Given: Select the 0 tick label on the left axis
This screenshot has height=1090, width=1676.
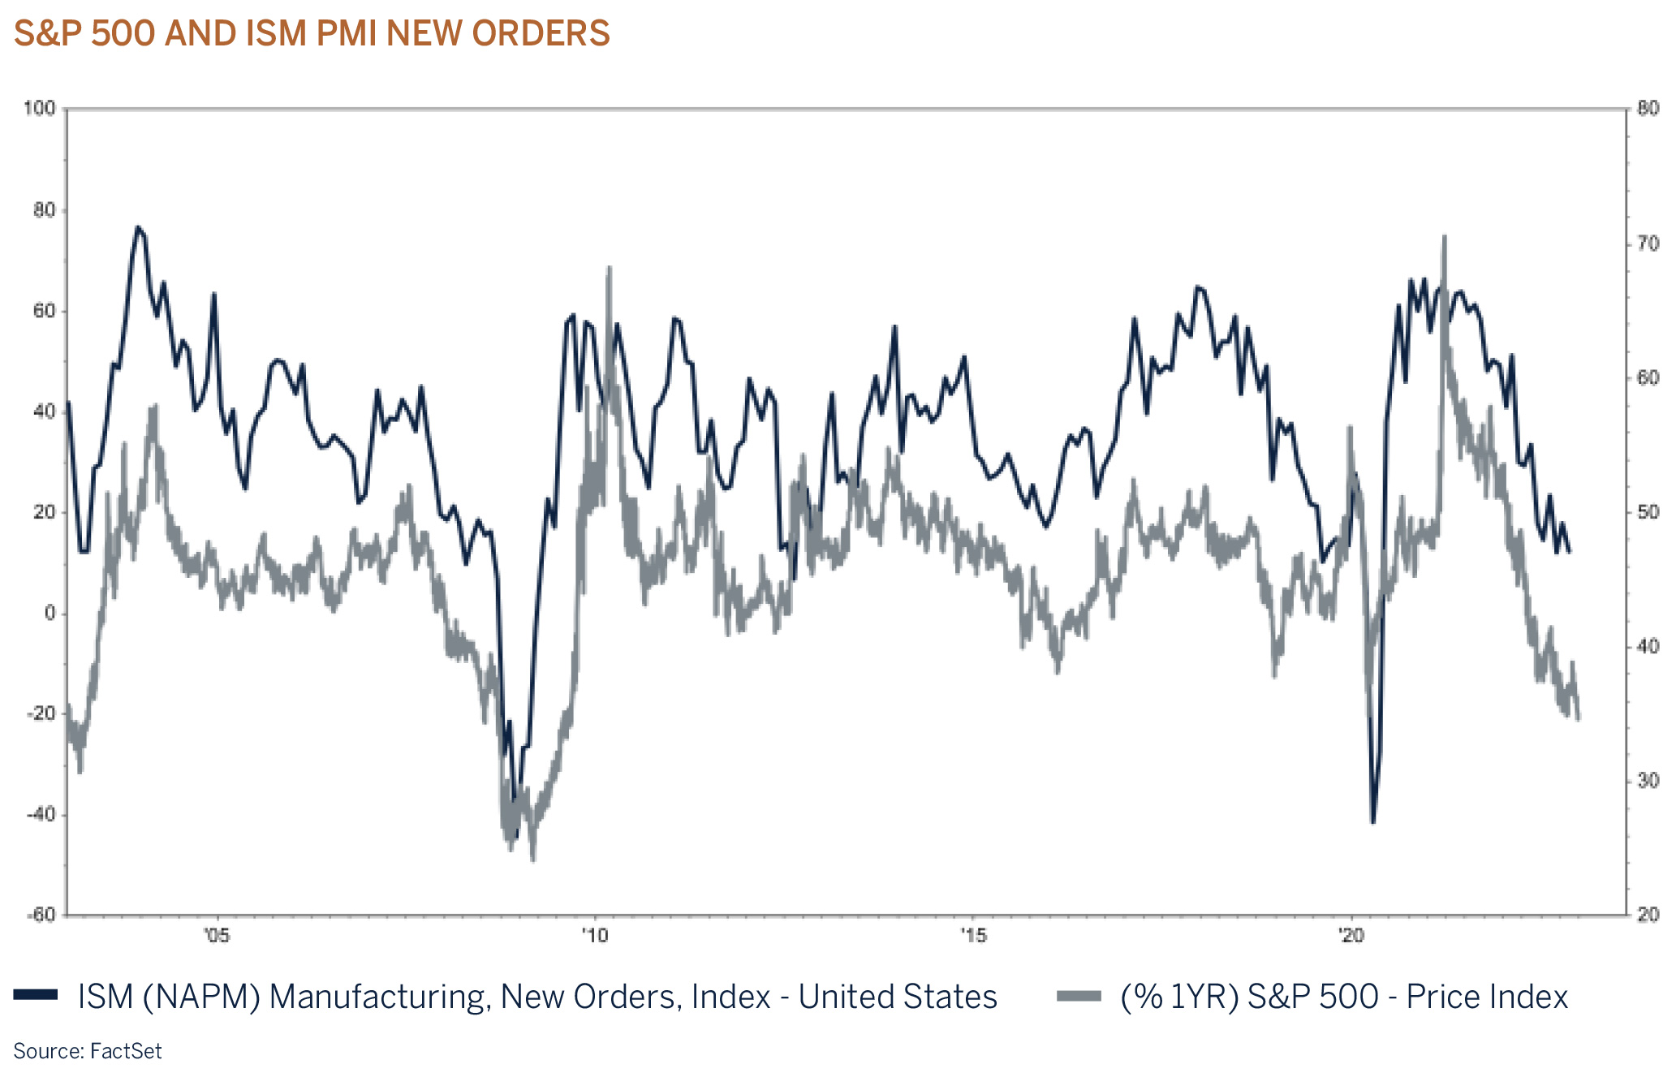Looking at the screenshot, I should pos(50,614).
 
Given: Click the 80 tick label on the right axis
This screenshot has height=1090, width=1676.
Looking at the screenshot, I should pos(1648,109).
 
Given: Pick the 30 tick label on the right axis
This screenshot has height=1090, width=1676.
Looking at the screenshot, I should pos(1648,781).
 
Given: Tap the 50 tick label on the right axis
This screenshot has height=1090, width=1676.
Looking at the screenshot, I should pos(1648,512).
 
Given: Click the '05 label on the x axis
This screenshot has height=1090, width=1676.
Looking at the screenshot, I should pos(217,936).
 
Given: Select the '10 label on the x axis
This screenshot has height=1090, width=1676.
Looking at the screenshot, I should pos(594,936).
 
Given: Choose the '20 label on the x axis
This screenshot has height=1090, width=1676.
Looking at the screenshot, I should pos(1351,936).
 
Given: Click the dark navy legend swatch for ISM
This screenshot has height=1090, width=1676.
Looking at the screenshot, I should pos(36,995).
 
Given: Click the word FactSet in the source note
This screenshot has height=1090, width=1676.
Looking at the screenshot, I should pos(126,1052).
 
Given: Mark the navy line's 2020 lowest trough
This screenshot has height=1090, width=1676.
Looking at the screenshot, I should pos(1372,822).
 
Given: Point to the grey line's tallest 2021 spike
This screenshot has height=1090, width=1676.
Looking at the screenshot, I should pos(1445,237).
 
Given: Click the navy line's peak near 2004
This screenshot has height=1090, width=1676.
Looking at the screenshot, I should pos(138,227).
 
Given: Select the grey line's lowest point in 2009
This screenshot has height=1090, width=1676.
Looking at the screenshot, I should pos(533,859).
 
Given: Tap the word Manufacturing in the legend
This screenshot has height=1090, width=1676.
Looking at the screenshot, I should pos(379,997).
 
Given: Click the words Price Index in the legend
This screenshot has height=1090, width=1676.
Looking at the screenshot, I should pos(1487,997).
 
